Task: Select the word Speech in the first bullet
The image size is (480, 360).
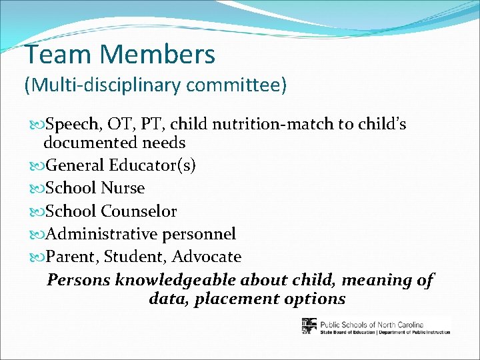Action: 73,125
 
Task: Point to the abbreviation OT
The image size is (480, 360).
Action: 123,125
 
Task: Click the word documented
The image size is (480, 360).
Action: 89,143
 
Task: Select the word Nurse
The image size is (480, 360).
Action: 123,188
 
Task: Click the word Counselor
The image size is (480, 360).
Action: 139,211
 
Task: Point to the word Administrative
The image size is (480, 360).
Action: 103,234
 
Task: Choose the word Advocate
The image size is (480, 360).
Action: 207,257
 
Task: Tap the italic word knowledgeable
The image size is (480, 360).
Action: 177,280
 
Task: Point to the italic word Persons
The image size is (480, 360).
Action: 79,280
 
